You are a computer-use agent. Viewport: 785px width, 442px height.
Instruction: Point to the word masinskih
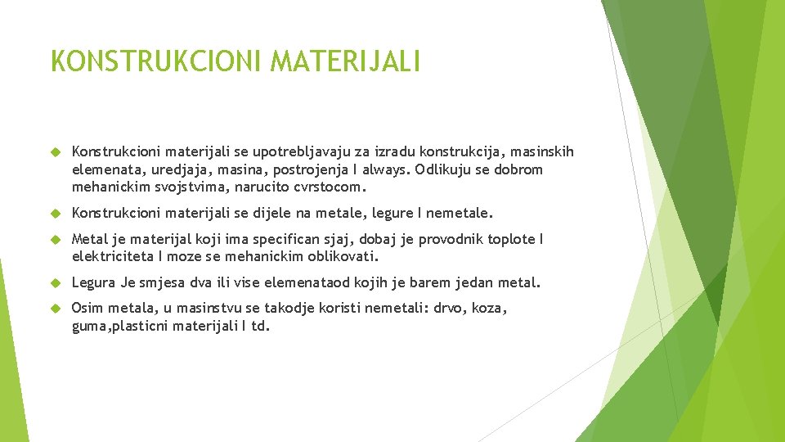tap(543, 151)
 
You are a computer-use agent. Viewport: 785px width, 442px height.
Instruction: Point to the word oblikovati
tap(343, 256)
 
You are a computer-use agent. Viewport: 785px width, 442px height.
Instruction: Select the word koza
tap(489, 309)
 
